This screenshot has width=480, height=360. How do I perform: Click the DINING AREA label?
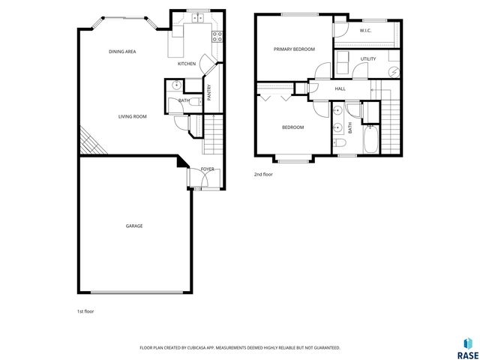[122, 51]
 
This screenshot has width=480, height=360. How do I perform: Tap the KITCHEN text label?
[187, 64]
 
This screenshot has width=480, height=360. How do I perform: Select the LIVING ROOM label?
[132, 116]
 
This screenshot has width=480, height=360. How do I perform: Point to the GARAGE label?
[134, 226]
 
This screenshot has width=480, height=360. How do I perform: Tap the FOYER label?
[208, 169]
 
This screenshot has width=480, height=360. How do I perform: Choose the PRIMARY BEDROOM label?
[294, 49]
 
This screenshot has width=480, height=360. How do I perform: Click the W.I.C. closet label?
[366, 31]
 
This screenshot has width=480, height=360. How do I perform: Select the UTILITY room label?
[367, 58]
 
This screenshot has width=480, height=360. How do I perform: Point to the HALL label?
[340, 88]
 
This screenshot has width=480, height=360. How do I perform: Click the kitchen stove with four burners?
[217, 34]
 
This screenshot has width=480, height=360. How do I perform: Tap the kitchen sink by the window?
[199, 18]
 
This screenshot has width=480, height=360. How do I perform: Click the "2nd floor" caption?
[263, 174]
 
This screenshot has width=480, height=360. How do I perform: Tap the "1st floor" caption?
[85, 310]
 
